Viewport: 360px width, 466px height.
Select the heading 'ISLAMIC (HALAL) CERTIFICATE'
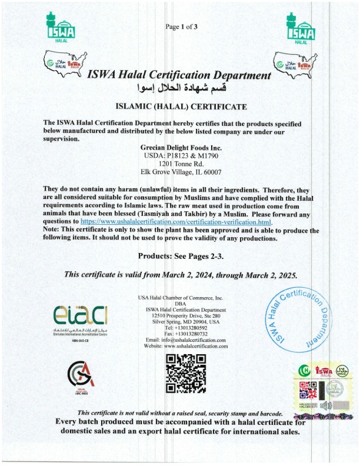coord(181,107)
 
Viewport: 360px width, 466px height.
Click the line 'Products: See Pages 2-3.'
coord(181,257)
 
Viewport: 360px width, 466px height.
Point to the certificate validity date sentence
coord(181,275)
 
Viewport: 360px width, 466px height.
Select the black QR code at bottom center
coord(181,373)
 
